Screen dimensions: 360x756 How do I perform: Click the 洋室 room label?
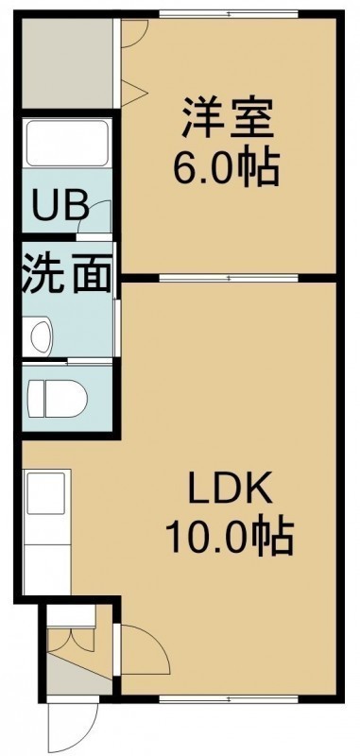point(228,117)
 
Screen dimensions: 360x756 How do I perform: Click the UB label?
point(60,205)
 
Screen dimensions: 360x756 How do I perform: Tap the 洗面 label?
point(66,274)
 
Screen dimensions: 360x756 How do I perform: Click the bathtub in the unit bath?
point(67,144)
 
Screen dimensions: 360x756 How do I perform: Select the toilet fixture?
point(58,398)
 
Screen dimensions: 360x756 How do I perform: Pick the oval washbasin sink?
point(41,335)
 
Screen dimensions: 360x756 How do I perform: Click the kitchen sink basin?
point(45,493)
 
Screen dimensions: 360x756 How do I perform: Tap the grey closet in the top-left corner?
point(67,63)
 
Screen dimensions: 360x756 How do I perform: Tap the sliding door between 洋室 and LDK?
point(229,278)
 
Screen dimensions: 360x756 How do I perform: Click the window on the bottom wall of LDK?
point(229,698)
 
